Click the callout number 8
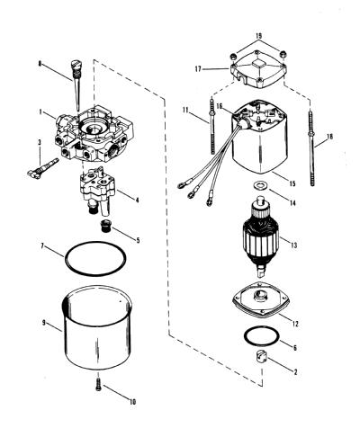40,64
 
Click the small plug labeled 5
105,226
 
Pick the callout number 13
293,245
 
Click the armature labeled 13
260,237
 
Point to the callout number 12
295,324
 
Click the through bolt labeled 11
212,125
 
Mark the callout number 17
198,69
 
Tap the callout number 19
258,36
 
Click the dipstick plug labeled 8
76,84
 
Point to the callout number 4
137,200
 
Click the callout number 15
292,183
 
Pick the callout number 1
40,112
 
